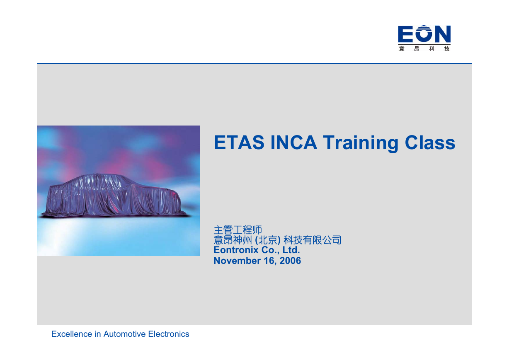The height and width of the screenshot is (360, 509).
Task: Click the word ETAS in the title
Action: pos(239,143)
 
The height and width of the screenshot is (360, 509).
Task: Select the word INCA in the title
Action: pos(293,143)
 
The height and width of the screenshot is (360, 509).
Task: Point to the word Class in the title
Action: pos(430,143)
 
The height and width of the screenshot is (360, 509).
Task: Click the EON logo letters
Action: pos(424,34)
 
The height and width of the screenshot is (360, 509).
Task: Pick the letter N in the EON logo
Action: pos(442,34)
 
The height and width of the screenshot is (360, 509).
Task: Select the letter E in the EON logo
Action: pos(405,34)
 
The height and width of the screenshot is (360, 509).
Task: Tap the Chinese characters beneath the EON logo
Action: pos(424,48)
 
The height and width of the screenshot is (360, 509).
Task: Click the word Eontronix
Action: pos(236,250)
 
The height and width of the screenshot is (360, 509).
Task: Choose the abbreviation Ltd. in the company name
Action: pos(291,250)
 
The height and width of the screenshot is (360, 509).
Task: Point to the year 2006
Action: pos(290,261)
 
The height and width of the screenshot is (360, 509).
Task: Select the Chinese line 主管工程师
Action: pos(238,230)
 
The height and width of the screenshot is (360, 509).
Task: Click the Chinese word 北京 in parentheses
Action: pos(268,240)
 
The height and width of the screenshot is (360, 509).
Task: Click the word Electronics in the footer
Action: pos(169,334)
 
